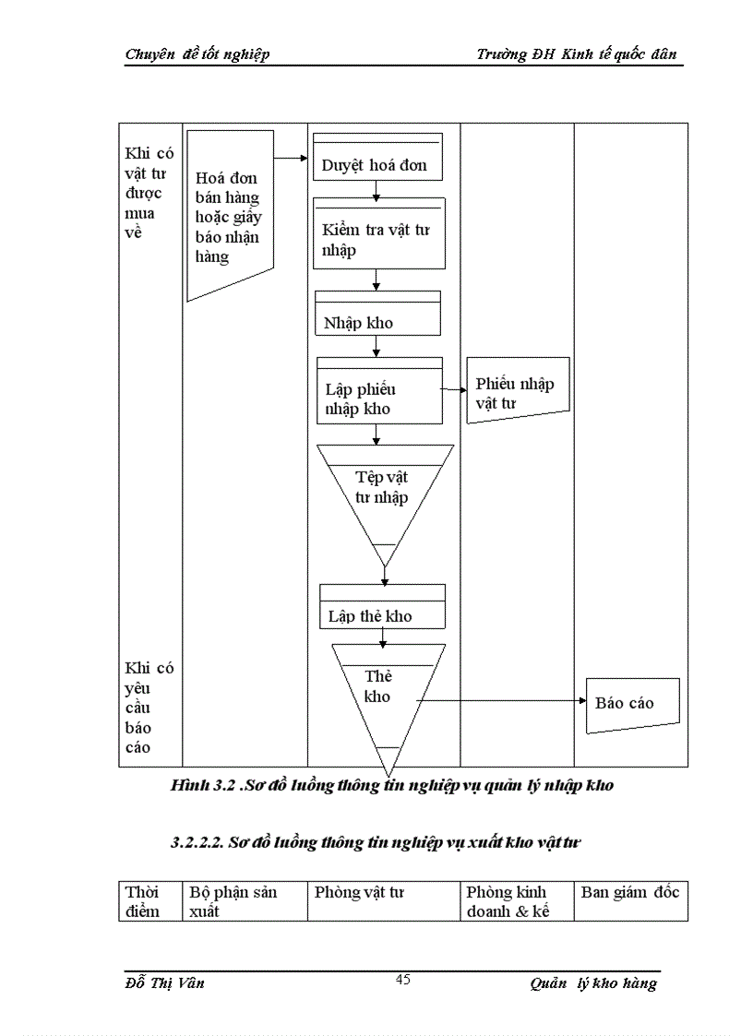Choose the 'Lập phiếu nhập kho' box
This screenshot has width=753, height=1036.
click(379, 391)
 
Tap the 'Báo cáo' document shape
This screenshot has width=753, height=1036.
click(632, 705)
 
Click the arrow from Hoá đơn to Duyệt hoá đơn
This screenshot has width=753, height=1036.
click(292, 158)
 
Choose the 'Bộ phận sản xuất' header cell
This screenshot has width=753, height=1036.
click(245, 900)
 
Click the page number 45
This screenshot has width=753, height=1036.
click(402, 980)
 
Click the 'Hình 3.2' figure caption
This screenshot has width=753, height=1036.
click(392, 786)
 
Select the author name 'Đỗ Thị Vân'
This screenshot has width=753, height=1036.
click(165, 982)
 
